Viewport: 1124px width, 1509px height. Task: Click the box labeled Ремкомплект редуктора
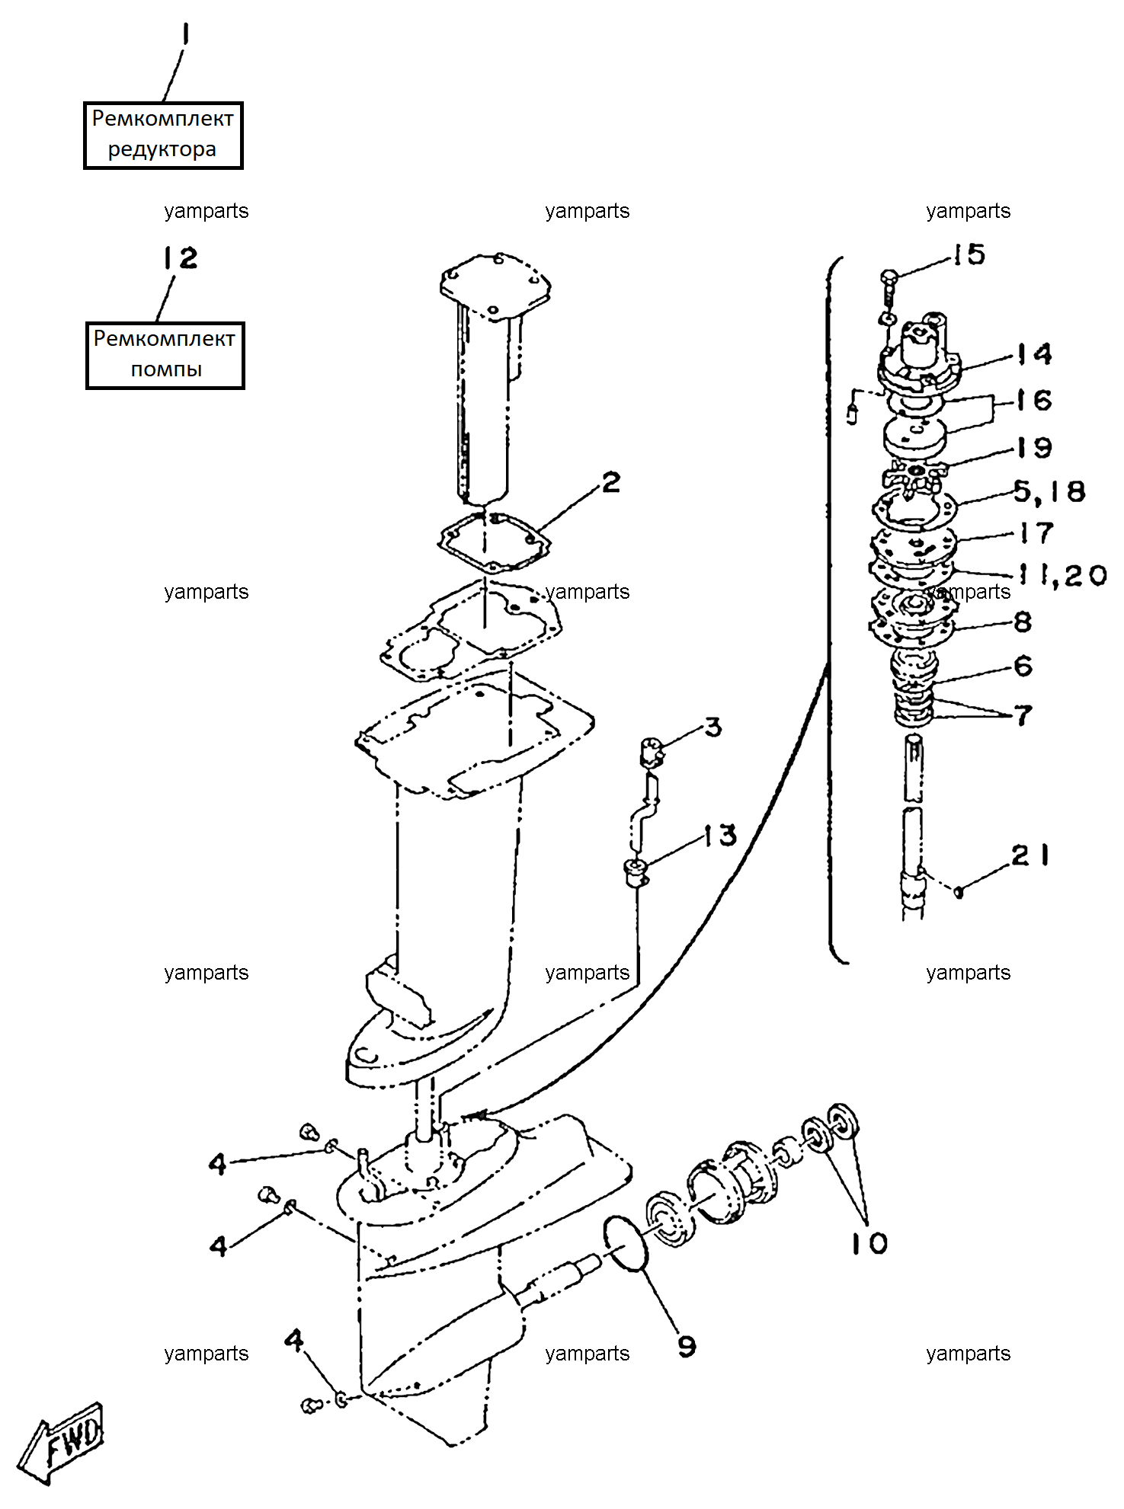tap(163, 135)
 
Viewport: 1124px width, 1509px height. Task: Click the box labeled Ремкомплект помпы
tap(165, 355)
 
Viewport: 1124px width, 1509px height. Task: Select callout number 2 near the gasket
tap(611, 482)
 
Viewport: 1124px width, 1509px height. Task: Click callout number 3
tap(713, 727)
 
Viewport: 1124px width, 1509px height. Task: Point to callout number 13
tap(720, 836)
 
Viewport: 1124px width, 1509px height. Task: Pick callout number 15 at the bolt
tap(969, 254)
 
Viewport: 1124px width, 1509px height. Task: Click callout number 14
tap(1035, 353)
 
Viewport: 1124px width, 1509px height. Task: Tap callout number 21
tap(1030, 855)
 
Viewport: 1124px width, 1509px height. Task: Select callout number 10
tap(869, 1243)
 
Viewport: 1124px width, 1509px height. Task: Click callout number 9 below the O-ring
tap(687, 1346)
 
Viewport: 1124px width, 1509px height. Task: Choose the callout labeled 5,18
tap(1049, 491)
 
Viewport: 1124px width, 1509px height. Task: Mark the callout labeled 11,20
tap(1063, 575)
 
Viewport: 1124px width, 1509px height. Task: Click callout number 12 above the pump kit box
tap(181, 257)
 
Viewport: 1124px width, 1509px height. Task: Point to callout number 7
tap(1023, 715)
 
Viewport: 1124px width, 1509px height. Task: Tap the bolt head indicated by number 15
tap(889, 277)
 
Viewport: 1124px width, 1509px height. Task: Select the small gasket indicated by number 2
tap(494, 542)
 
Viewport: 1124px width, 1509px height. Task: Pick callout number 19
tap(1035, 447)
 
